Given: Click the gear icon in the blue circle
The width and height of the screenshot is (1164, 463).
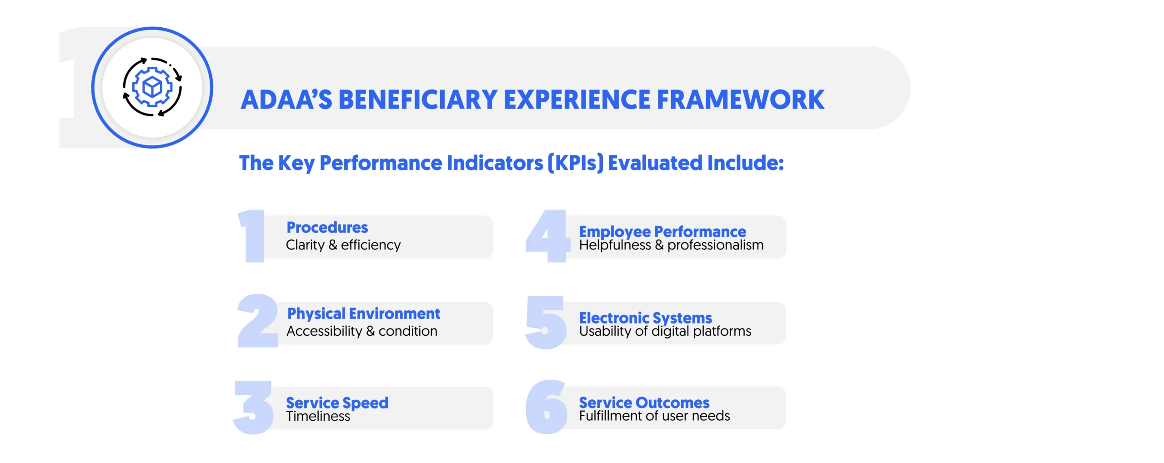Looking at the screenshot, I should click(x=152, y=87).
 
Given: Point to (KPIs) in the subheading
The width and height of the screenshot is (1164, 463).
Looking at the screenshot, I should click(x=576, y=163).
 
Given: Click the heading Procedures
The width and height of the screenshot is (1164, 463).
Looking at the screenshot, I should click(x=327, y=227).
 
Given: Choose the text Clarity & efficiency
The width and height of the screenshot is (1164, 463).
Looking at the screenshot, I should click(x=343, y=245).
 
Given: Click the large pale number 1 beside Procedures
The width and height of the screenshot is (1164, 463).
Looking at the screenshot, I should click(x=252, y=236).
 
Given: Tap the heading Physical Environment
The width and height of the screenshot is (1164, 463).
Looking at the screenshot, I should click(x=363, y=314).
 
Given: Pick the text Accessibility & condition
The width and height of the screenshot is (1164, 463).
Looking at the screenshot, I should click(x=361, y=331).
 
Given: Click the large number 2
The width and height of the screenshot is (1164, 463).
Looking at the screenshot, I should click(x=257, y=321).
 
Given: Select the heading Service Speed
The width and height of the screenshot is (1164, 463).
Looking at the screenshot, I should click(x=337, y=403).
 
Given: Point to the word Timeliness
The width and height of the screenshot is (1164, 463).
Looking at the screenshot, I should click(x=318, y=416).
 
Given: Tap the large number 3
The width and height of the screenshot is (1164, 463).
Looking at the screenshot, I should click(x=254, y=407).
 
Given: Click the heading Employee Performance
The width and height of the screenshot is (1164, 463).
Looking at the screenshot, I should click(x=662, y=232).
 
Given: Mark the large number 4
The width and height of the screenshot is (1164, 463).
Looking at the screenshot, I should click(x=547, y=236).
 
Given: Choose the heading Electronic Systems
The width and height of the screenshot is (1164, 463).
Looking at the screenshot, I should click(x=645, y=318).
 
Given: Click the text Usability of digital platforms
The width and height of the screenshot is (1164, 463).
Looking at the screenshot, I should click(x=665, y=331).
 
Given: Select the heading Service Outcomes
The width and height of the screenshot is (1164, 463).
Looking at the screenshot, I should click(x=644, y=403).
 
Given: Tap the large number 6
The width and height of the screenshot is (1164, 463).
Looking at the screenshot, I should click(x=547, y=407).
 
